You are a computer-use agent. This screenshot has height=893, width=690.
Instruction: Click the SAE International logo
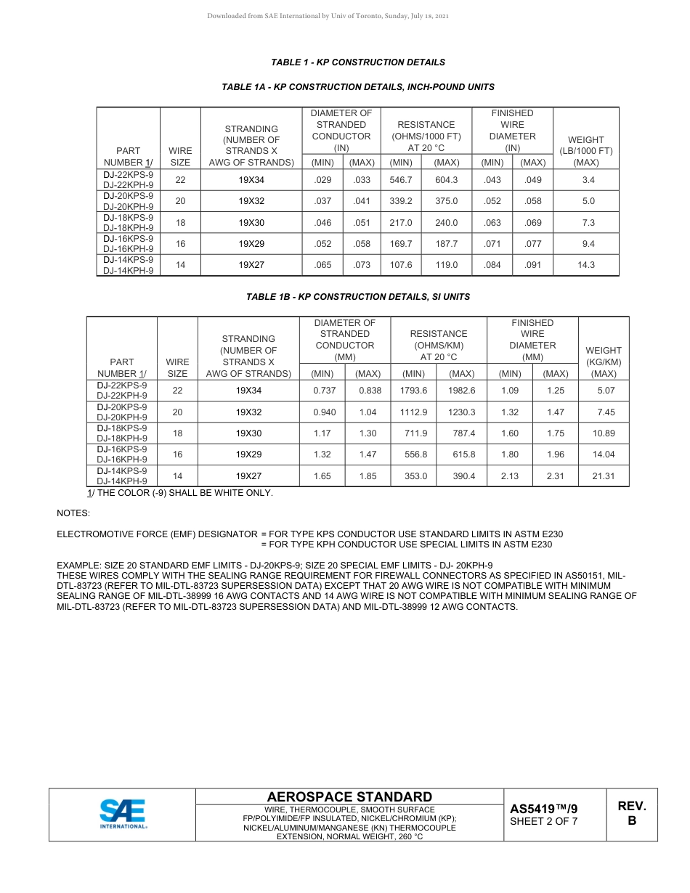pos(123,814)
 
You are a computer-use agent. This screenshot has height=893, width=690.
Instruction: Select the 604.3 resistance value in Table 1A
pos(446,180)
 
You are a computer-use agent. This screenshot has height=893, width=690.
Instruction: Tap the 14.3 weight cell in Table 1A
pos(585,265)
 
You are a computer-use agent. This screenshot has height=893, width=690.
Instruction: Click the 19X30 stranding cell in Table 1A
pos(251,223)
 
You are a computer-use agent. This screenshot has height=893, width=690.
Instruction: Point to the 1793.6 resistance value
pos(413,391)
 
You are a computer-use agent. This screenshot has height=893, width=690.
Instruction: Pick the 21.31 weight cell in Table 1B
pos(603,476)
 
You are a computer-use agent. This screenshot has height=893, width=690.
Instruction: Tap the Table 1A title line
pos(357,87)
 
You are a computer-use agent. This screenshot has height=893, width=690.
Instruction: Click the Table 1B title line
pos(357,297)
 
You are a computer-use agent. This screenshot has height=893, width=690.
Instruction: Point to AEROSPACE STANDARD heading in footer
pos(349,797)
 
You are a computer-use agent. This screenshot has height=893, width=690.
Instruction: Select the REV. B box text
pos(631,813)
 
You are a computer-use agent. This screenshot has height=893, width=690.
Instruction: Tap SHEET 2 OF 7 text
pos(543,822)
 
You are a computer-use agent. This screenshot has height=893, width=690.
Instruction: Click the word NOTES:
pos(73,513)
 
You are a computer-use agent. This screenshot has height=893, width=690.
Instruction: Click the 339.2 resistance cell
pos(401,201)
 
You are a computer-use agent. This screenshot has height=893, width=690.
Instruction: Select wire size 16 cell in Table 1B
pos(177,454)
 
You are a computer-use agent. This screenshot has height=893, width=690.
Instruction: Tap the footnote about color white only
pos(180,493)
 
